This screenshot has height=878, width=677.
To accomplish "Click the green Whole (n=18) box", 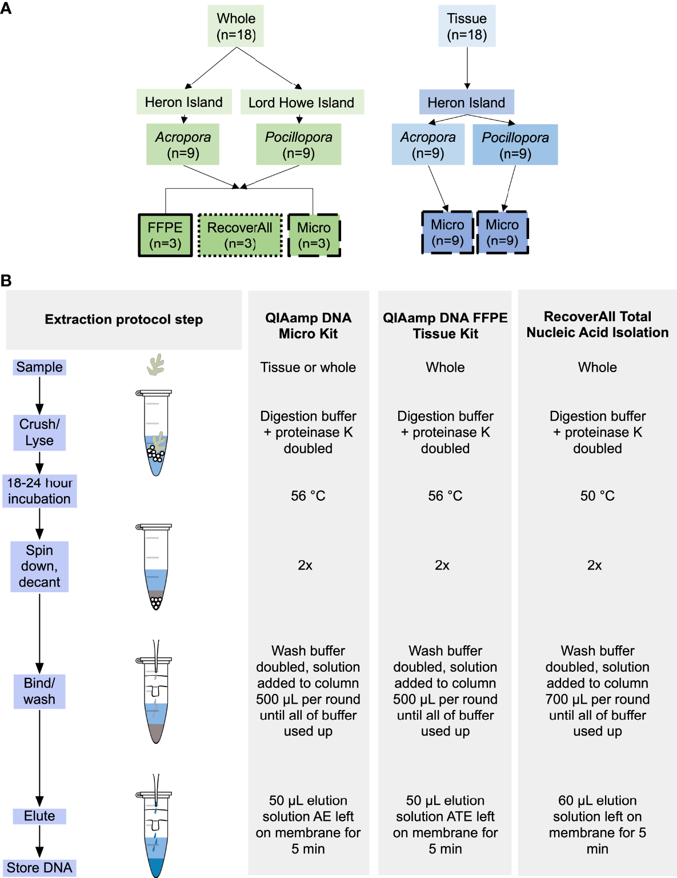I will [236, 26].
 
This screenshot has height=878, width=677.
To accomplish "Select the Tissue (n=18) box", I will [467, 26].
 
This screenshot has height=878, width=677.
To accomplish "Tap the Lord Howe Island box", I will [301, 102].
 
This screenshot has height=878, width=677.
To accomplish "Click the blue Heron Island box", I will [466, 102].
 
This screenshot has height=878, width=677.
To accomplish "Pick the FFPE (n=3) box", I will [165, 235].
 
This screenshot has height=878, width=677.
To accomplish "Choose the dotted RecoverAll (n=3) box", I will [240, 235].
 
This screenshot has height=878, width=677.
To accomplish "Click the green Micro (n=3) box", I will [314, 235].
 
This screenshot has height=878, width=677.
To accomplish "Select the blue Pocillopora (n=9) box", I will [515, 145].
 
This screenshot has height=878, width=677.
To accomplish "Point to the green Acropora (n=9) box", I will [183, 145].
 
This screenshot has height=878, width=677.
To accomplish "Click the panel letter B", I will [6, 281].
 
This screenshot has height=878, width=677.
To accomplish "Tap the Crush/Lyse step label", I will [39, 432].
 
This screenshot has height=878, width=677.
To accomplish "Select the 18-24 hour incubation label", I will [39, 490].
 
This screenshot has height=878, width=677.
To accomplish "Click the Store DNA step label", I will [39, 867].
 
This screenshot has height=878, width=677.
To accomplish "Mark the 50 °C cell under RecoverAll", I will [597, 496].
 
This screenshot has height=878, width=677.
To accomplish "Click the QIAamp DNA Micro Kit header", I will [308, 325].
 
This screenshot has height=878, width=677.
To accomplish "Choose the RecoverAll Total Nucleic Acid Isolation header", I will [597, 324].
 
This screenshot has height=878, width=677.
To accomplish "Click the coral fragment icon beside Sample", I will [155, 365].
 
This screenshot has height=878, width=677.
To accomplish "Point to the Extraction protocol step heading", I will [123, 319].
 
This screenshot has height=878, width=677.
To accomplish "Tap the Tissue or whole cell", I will [308, 367].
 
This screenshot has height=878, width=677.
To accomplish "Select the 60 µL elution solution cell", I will [597, 824].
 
